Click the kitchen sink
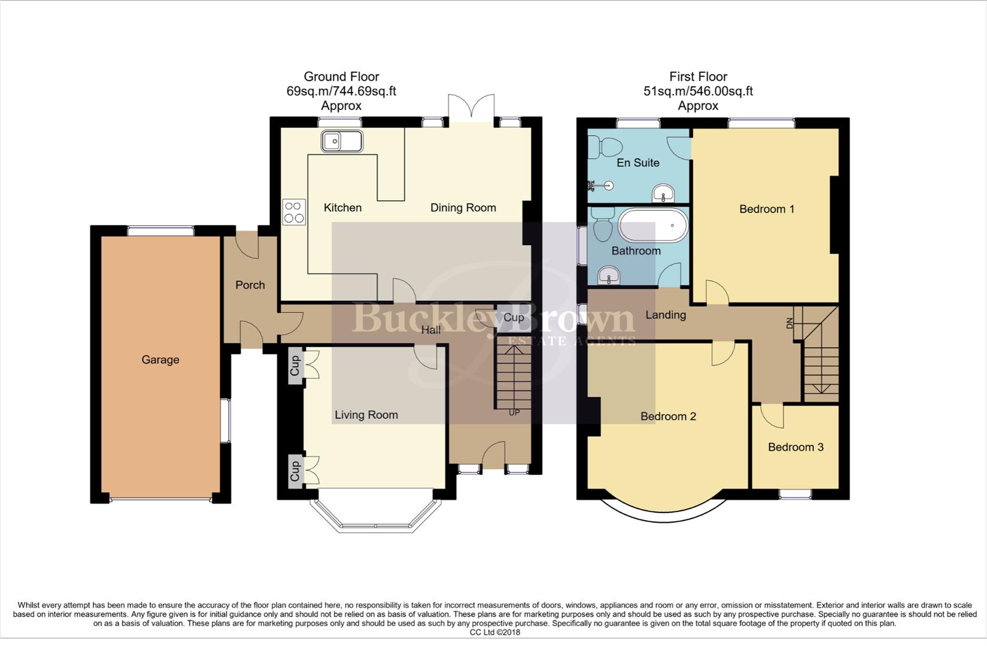pos(342,142)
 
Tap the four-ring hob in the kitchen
pos(294,212)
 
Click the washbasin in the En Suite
pos(663,193)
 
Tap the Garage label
pos(160,359)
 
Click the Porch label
pos(250,285)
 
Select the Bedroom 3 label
pos(795,447)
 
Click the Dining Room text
pos(463,208)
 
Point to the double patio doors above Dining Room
pos(472,108)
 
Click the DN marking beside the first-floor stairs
pos(789,324)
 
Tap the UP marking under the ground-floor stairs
pos(514,413)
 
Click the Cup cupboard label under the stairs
pos(514,317)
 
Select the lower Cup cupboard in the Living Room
pos(295,470)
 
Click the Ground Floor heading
pos(341,77)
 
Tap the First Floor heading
pos(698,77)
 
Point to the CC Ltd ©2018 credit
pos(495,632)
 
